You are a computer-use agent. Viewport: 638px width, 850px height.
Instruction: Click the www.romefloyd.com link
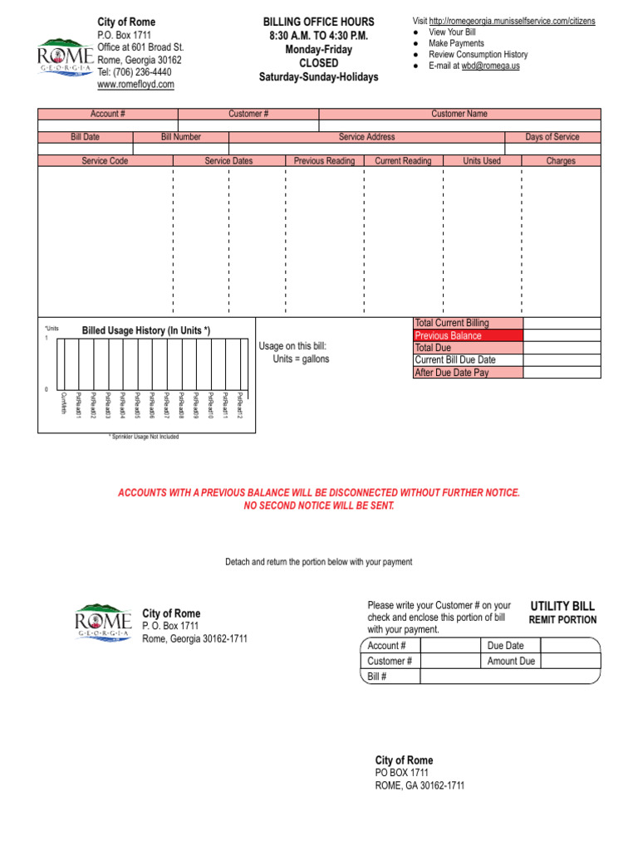click(x=135, y=85)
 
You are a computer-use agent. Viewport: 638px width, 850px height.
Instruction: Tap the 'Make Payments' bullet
click(x=455, y=43)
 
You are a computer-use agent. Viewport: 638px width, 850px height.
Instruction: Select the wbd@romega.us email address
click(x=491, y=66)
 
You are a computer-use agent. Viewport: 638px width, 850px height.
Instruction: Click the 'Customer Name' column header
click(x=459, y=114)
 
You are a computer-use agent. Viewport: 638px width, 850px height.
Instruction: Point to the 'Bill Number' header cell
click(x=180, y=137)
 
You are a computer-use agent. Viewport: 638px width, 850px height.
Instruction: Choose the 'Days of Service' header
click(x=552, y=137)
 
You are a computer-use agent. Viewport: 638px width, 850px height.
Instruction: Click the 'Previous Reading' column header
click(x=324, y=161)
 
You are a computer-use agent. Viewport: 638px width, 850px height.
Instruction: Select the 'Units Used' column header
click(x=482, y=161)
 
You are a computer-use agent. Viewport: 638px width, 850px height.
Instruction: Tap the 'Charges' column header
click(x=561, y=161)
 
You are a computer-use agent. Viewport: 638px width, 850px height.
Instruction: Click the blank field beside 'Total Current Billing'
click(x=562, y=323)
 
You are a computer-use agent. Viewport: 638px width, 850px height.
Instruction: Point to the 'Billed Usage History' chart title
click(x=146, y=330)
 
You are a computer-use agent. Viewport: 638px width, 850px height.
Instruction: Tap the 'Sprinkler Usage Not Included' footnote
click(x=144, y=437)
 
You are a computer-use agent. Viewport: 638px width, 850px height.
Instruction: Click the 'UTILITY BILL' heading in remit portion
click(x=562, y=607)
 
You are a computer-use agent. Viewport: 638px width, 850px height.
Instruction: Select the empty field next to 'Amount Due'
click(x=570, y=661)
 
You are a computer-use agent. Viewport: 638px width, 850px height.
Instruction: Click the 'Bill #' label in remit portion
click(x=378, y=677)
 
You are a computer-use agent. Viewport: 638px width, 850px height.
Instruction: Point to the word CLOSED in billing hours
click(x=318, y=63)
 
